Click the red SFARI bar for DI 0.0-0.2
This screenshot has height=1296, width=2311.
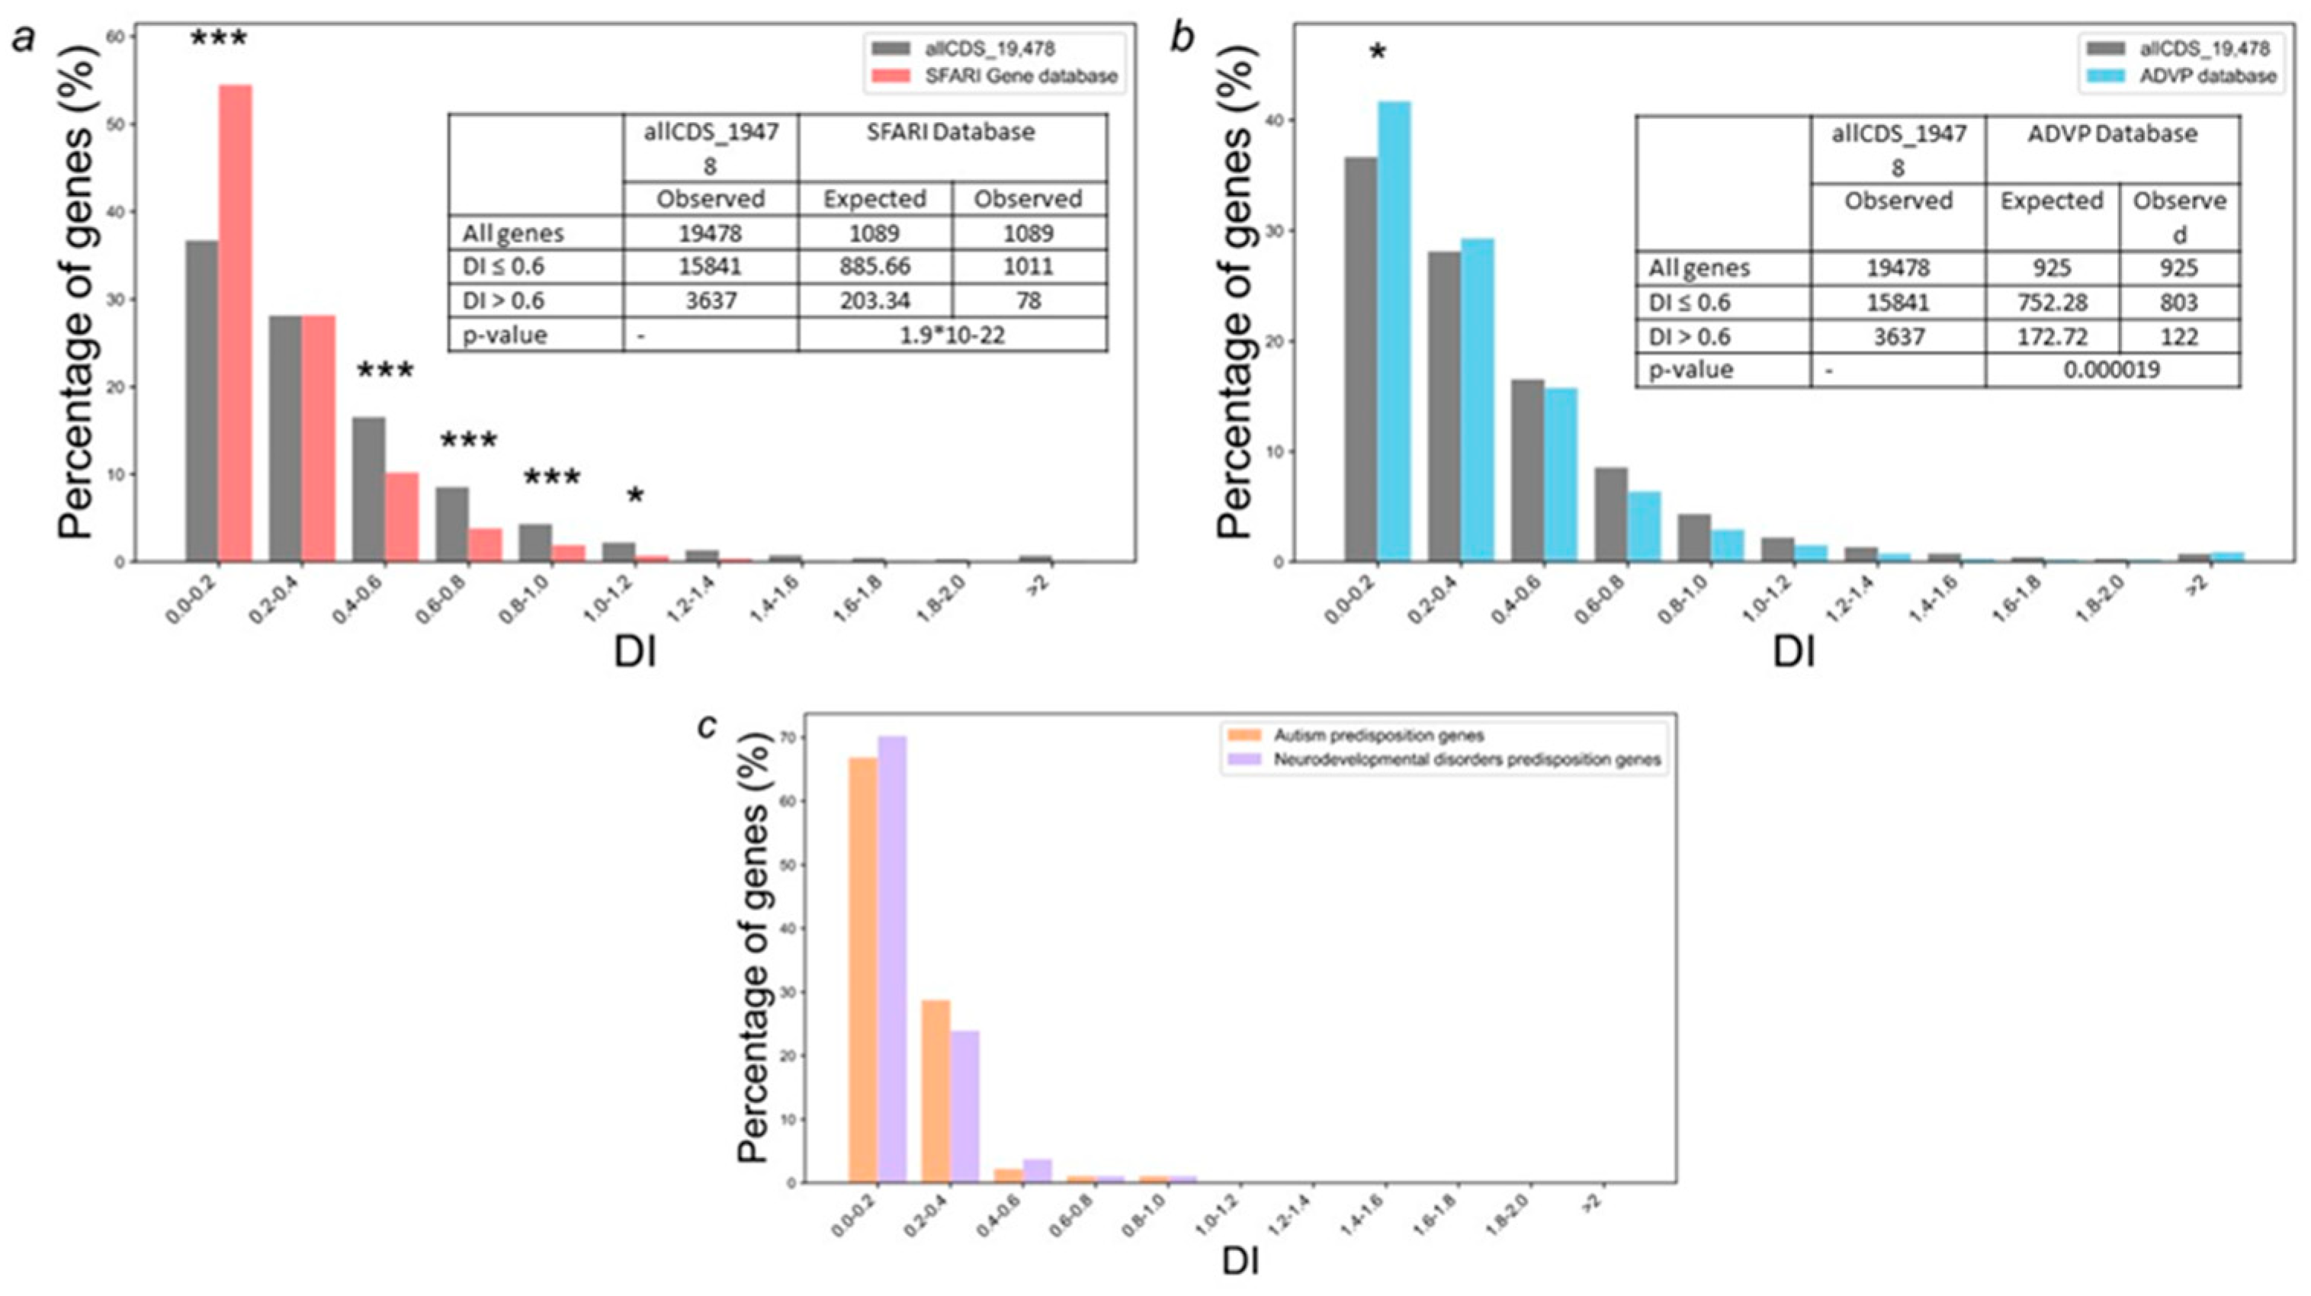pos(236,323)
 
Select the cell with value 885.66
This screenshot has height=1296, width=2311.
pos(875,266)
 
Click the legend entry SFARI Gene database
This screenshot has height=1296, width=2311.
pos(1021,76)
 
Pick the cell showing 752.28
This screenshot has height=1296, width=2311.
pos(2052,302)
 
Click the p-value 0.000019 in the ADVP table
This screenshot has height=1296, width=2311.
pos(2112,370)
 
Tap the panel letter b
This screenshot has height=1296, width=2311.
pos(1184,37)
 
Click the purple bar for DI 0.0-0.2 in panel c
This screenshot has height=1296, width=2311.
pos(892,959)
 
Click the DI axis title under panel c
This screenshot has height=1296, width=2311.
pos(1240,1262)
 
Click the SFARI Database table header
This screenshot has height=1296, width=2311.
pos(951,132)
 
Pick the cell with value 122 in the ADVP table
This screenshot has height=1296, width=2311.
pos(2179,336)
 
